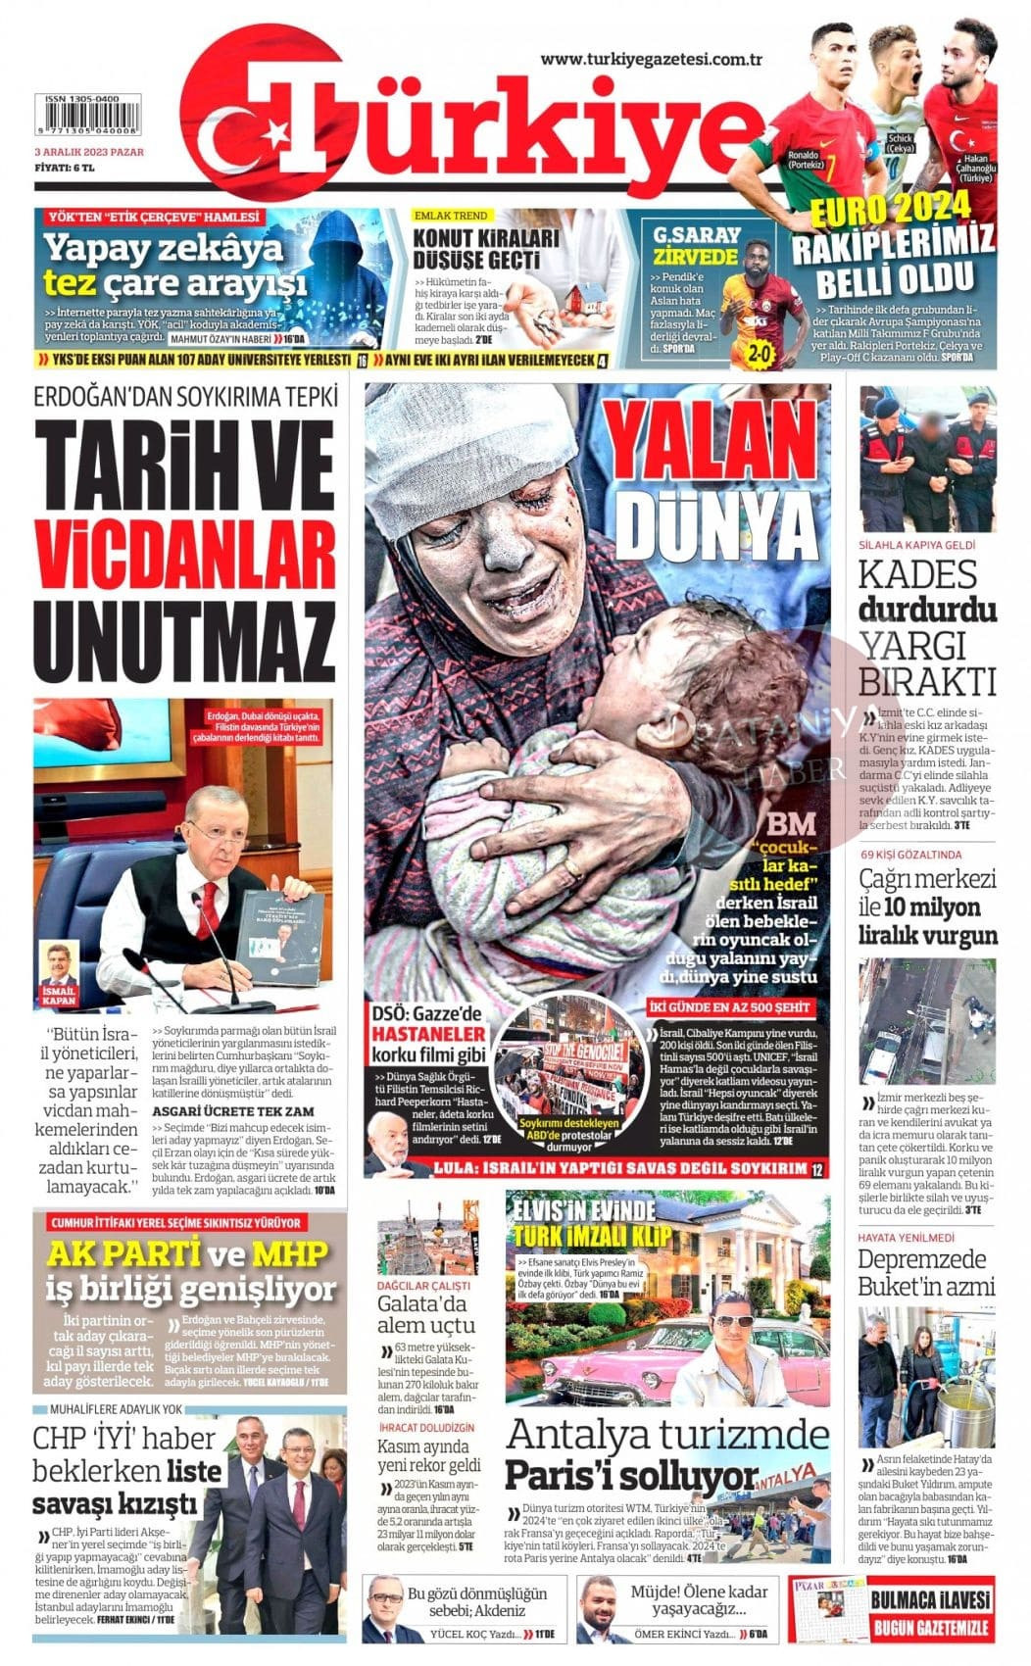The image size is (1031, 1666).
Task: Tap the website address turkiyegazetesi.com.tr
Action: (652, 60)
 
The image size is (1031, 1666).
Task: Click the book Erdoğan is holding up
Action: (281, 937)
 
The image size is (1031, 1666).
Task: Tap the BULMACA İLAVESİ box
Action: (930, 1608)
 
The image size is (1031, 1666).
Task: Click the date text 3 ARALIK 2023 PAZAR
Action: (88, 152)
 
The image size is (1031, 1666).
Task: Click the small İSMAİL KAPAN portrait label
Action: (60, 997)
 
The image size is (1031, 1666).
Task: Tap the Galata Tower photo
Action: (427, 1237)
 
